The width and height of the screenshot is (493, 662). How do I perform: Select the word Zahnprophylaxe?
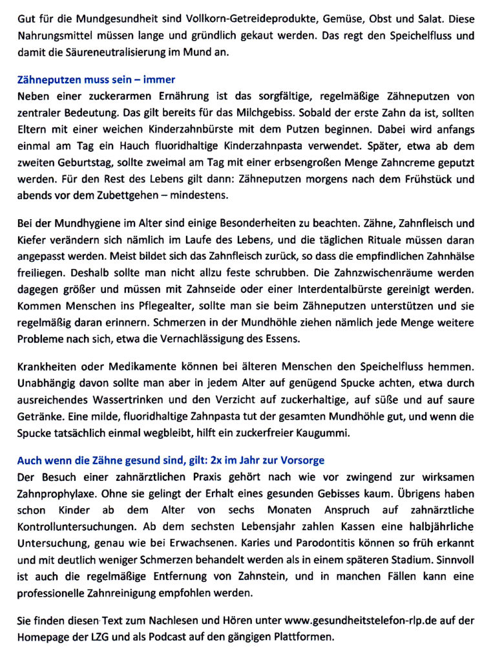(x=56, y=493)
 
